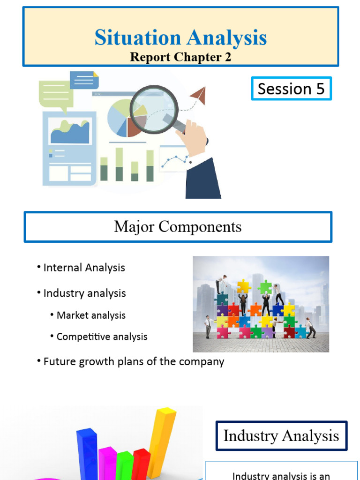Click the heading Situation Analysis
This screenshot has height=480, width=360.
pyautogui.click(x=180, y=37)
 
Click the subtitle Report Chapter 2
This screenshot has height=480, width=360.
pyautogui.click(x=180, y=57)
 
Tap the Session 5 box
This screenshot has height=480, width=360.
pyautogui.click(x=291, y=89)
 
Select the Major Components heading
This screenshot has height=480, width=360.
pyautogui.click(x=178, y=227)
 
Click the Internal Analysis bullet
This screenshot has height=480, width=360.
pyautogui.click(x=84, y=268)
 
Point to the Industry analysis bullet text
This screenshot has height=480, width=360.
pyautogui.click(x=84, y=293)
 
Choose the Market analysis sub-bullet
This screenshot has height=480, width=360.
pyautogui.click(x=91, y=315)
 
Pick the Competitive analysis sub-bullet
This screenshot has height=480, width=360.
pyautogui.click(x=102, y=337)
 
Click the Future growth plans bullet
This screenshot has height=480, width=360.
pyautogui.click(x=134, y=362)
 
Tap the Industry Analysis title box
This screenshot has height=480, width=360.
pyautogui.click(x=281, y=436)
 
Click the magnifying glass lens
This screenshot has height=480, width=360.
pyautogui.click(x=153, y=109)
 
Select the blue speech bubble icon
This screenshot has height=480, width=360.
pyautogui.click(x=84, y=80)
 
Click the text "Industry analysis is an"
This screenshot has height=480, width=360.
pyautogui.click(x=281, y=475)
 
